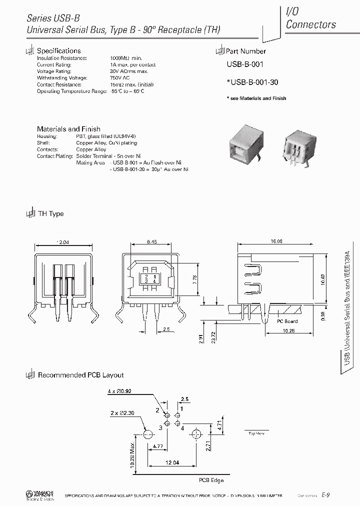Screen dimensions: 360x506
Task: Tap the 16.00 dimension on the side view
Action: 276,241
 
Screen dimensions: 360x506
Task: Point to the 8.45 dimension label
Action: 152,241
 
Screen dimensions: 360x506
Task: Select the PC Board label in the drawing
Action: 287,321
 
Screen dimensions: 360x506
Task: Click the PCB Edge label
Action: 211,480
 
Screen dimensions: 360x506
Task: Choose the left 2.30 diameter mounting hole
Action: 147,434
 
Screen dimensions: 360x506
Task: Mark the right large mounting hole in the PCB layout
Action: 196,434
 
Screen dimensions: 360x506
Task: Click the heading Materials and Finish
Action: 68,128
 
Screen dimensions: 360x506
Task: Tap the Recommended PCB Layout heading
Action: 80,375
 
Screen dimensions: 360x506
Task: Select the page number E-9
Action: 325,494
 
